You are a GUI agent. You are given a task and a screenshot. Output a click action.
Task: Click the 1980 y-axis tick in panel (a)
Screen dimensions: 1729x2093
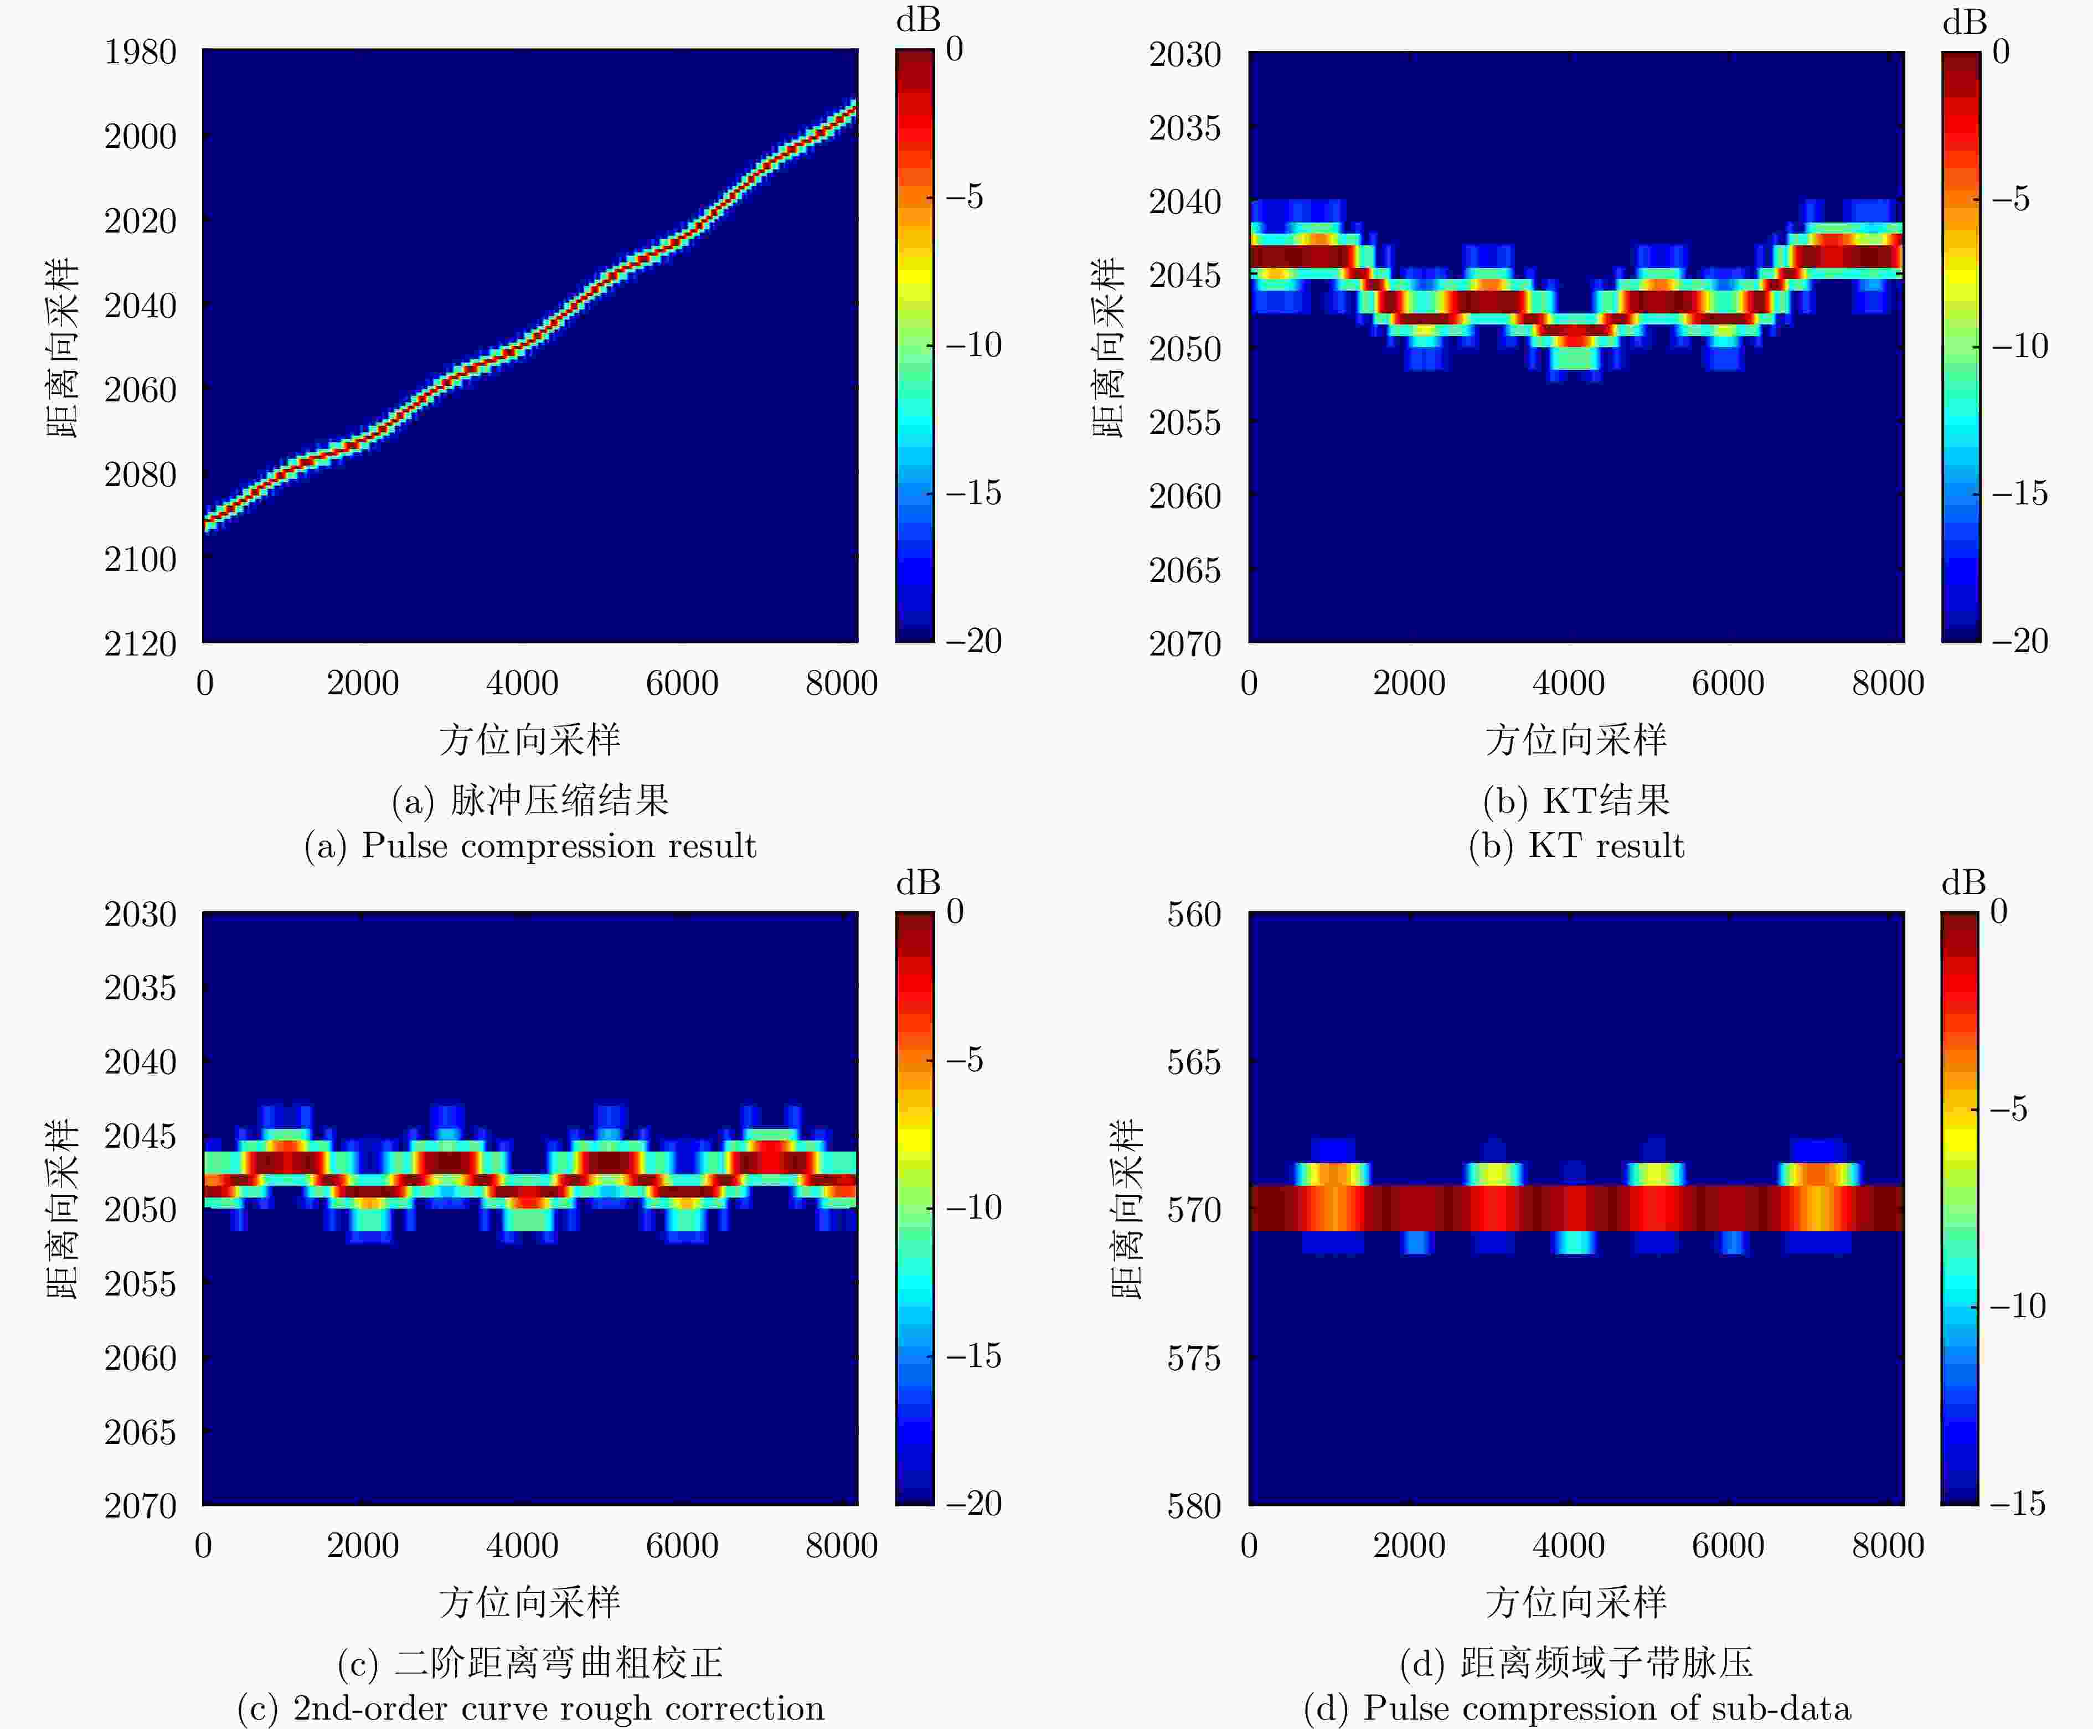pos(141,52)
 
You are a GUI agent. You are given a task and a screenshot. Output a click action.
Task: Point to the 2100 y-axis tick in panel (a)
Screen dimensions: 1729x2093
pos(141,559)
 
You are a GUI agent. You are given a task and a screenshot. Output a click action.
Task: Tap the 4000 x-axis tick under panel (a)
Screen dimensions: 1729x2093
pos(522,683)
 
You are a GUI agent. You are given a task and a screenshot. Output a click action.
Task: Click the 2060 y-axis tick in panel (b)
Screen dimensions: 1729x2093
pos(1184,496)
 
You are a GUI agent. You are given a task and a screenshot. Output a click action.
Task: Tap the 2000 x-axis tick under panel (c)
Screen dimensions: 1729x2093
pos(363,1546)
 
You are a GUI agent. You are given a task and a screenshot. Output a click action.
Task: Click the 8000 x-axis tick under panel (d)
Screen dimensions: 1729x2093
pos(1888,1546)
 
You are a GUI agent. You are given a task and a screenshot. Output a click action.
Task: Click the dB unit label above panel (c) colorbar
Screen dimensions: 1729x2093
pos(917,882)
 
